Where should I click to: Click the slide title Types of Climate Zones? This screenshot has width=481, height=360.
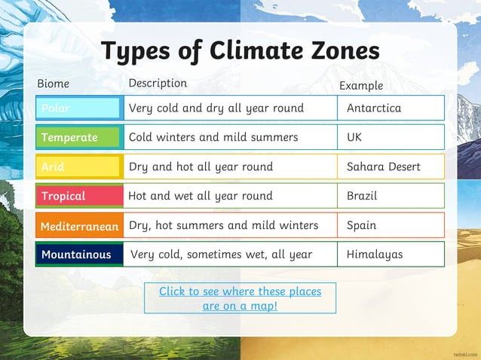click(240, 50)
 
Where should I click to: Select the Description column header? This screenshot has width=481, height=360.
click(158, 83)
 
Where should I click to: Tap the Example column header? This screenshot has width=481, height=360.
click(361, 86)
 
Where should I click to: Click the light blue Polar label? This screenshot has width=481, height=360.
click(78, 108)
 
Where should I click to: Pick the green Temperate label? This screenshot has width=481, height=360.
click(78, 137)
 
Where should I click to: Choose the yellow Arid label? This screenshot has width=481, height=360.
click(78, 166)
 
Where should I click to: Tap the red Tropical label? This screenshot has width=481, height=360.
click(78, 196)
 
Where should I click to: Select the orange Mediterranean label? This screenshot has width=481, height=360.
click(79, 225)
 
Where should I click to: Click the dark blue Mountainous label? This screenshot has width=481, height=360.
click(78, 255)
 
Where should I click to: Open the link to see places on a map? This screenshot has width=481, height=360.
click(240, 298)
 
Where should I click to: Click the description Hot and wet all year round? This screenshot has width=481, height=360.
click(201, 196)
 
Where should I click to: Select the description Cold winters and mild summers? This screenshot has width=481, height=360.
click(213, 137)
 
